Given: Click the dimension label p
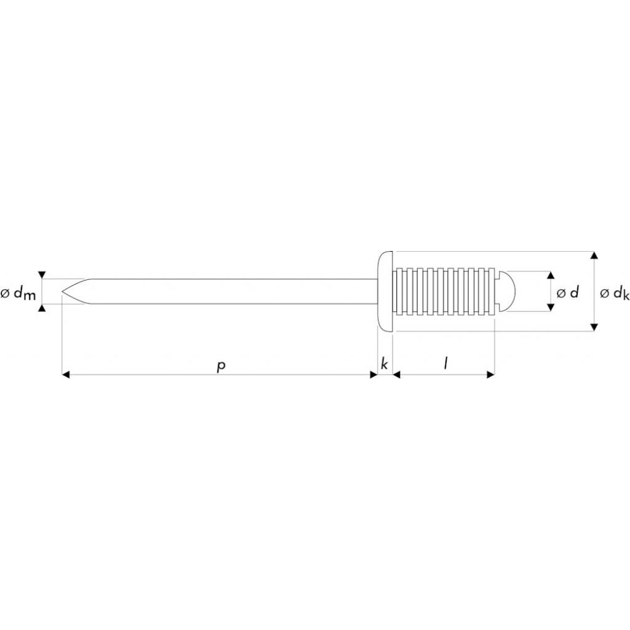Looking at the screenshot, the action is [221, 365].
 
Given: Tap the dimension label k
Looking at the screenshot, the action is [384, 364].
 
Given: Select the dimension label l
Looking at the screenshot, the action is [445, 364].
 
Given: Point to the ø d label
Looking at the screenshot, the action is [567, 292].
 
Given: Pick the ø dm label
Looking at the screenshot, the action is [18, 293].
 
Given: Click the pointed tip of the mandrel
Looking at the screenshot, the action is [62, 291].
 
